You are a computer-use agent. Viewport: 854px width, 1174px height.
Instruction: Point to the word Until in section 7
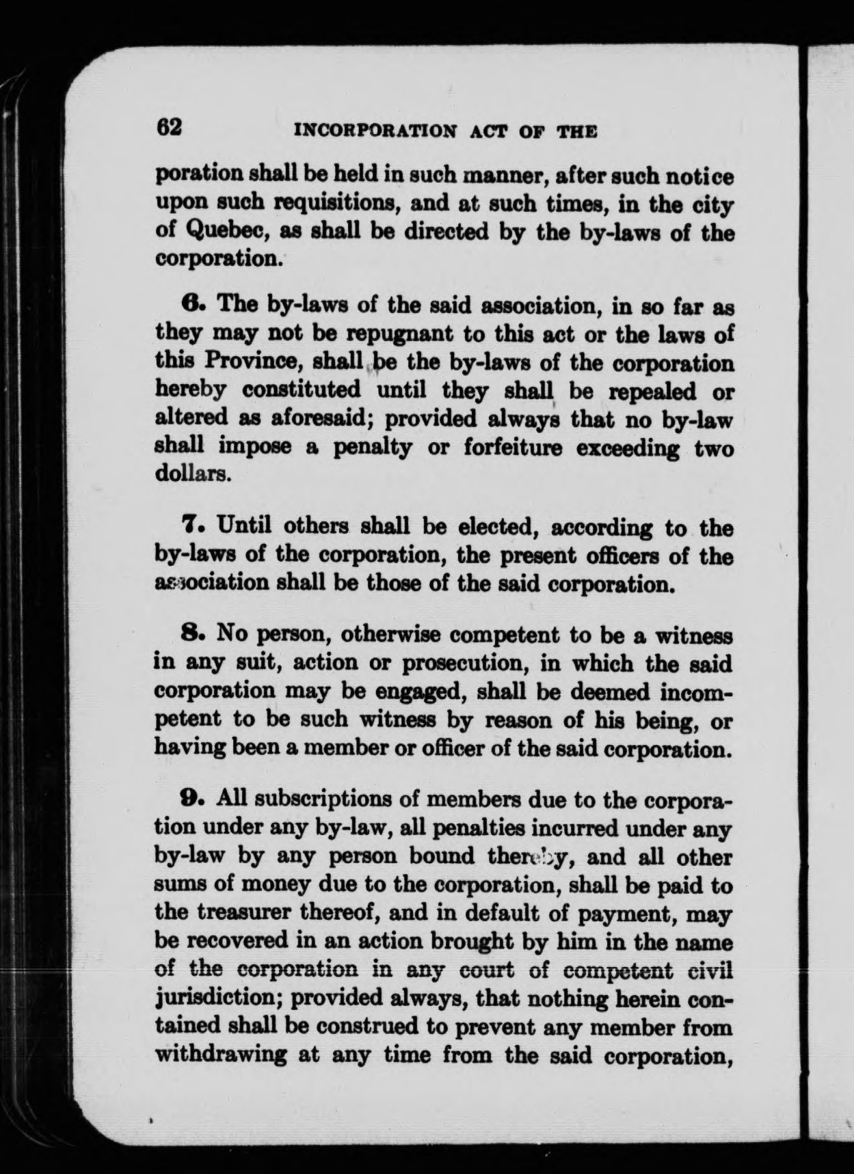click(245, 527)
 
